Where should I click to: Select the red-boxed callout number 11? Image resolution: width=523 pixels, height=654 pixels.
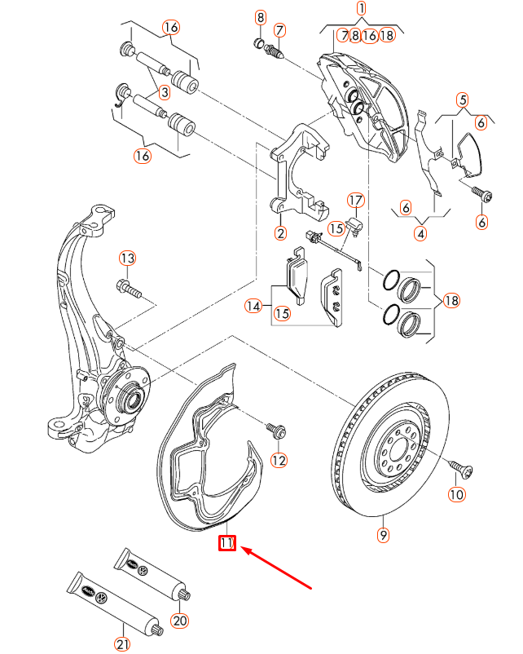226,543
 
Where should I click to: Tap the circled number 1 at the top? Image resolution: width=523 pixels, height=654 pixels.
362,9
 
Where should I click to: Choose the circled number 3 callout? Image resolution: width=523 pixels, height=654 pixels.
164,93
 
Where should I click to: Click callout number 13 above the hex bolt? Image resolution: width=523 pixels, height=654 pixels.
126,259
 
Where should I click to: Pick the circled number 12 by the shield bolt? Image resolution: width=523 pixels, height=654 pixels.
279,461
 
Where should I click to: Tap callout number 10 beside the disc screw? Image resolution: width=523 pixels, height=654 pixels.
455,494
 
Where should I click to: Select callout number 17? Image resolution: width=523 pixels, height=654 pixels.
356,201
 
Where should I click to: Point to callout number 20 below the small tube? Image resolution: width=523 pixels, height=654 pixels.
180,621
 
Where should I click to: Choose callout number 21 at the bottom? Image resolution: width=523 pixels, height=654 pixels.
122,644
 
